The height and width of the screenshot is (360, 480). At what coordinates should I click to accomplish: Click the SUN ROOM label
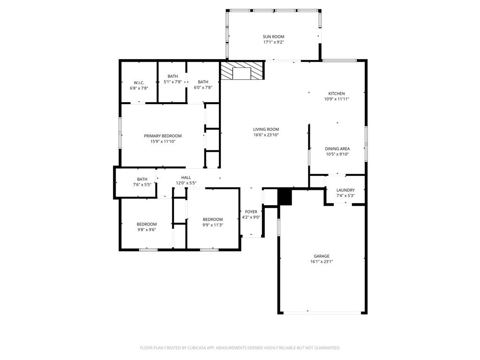(273, 37)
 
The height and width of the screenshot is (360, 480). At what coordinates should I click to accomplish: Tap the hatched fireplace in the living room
(242, 71)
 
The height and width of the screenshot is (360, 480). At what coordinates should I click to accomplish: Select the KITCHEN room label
(336, 93)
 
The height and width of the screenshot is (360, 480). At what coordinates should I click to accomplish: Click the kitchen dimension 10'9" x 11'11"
(336, 99)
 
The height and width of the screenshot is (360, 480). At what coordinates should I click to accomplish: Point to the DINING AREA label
(337, 149)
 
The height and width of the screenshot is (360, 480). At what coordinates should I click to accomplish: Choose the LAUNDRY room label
(345, 190)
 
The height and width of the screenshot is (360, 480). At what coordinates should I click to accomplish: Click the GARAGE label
(322, 256)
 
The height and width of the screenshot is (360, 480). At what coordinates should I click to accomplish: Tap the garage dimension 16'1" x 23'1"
(322, 262)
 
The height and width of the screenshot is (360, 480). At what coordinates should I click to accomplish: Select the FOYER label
(251, 212)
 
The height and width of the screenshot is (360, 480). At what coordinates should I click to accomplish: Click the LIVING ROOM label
(266, 129)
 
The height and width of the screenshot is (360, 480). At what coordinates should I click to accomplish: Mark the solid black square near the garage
(285, 196)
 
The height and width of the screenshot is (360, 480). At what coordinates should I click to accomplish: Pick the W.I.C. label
(139, 82)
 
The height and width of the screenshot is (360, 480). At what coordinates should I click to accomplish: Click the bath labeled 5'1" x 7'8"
(172, 79)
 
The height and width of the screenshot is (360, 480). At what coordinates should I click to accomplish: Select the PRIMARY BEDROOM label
(163, 136)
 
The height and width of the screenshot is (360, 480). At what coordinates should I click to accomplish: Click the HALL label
(186, 177)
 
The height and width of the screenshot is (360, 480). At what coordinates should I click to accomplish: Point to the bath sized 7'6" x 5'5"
(142, 182)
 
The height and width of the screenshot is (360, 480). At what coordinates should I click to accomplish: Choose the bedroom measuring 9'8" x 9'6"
(147, 227)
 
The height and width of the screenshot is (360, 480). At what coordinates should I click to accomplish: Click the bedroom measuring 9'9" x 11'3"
(212, 222)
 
